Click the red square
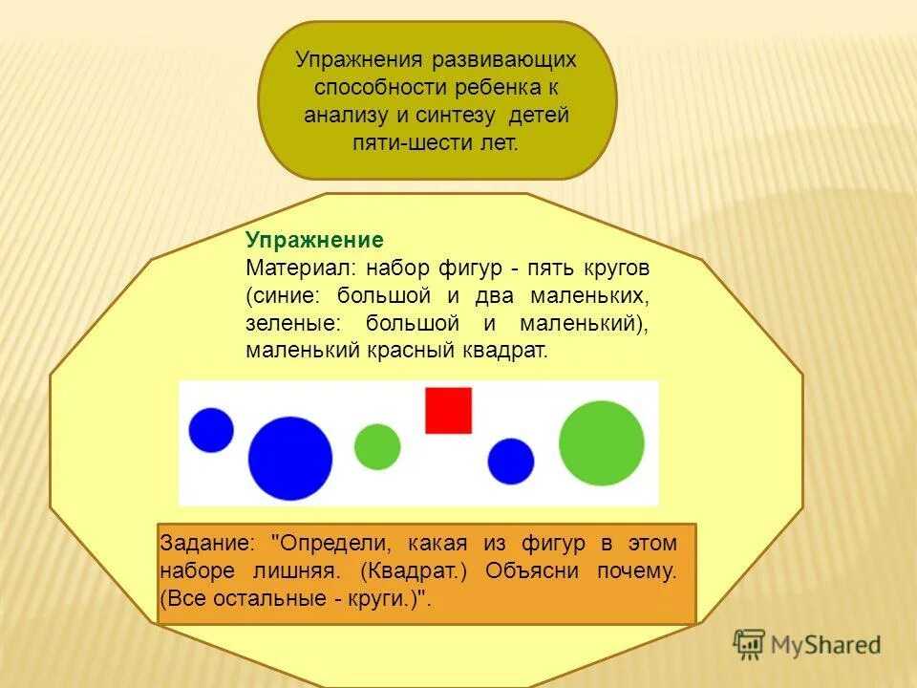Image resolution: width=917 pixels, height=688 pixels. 448,410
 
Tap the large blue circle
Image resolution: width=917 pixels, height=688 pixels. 289,458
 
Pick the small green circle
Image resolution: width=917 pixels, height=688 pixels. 377,446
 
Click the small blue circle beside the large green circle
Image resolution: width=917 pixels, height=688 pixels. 511,462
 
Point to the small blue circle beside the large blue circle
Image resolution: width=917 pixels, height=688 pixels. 211,430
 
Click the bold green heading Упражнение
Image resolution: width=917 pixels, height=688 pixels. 314,240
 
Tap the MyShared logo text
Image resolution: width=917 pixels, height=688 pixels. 826,645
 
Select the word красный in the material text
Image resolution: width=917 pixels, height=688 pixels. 413,351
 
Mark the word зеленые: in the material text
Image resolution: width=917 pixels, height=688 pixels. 286,323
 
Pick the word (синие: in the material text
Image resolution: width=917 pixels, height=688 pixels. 286,295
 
